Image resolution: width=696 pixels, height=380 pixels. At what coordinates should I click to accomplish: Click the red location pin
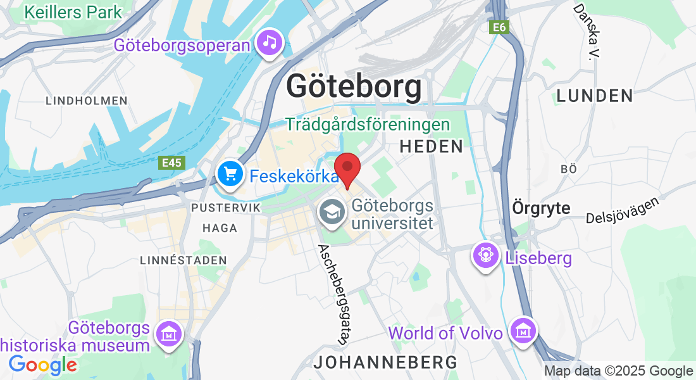click(347, 168)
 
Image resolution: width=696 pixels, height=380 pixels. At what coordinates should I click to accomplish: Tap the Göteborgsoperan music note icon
click(270, 43)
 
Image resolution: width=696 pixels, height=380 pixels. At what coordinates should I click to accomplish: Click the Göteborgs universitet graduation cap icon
click(332, 211)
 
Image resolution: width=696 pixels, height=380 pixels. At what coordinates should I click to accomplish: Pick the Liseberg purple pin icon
click(485, 255)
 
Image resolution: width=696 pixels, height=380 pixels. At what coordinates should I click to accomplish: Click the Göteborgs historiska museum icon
click(169, 331)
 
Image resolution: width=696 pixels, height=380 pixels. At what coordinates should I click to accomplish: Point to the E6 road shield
click(500, 27)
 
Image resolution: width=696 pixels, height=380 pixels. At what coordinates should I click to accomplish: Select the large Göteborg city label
click(354, 87)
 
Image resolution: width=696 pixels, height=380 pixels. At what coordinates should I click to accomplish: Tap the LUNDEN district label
click(595, 96)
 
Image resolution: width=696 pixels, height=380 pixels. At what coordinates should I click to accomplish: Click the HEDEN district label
click(432, 147)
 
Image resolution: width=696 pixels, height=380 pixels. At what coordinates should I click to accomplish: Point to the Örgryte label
click(541, 208)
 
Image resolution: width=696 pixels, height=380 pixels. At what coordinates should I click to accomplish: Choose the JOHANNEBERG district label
click(386, 362)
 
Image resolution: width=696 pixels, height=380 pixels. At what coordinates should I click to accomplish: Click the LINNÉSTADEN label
click(183, 260)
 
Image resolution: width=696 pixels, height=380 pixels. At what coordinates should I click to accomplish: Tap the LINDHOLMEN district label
click(87, 101)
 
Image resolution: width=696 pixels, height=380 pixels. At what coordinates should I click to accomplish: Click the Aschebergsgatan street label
click(334, 294)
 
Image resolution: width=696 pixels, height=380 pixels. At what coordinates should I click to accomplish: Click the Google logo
click(42, 365)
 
